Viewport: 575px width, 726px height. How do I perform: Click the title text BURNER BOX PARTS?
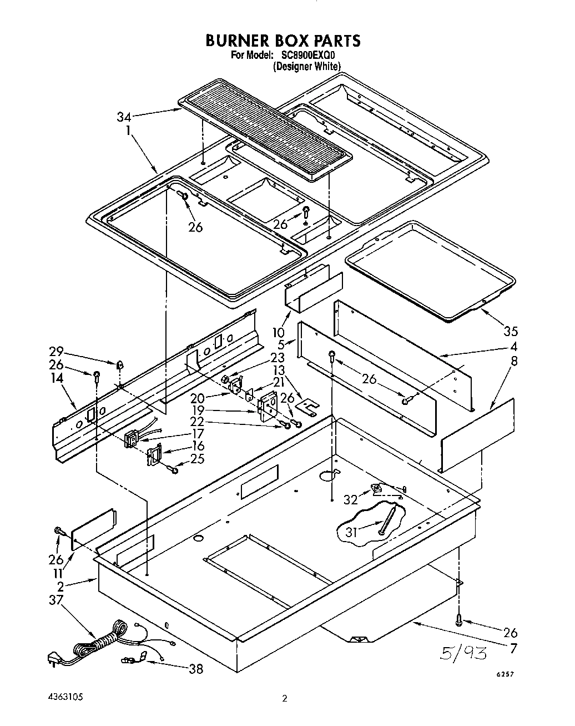point(283,41)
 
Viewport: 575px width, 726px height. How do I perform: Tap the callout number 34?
point(124,117)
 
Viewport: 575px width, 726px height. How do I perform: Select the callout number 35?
point(510,331)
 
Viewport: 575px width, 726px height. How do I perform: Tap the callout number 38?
point(195,669)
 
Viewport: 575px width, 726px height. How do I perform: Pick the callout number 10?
point(279,332)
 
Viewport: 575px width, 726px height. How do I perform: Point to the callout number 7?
point(513,648)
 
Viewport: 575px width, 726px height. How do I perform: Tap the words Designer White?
point(306,66)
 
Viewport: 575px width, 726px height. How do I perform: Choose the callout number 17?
point(197,433)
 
